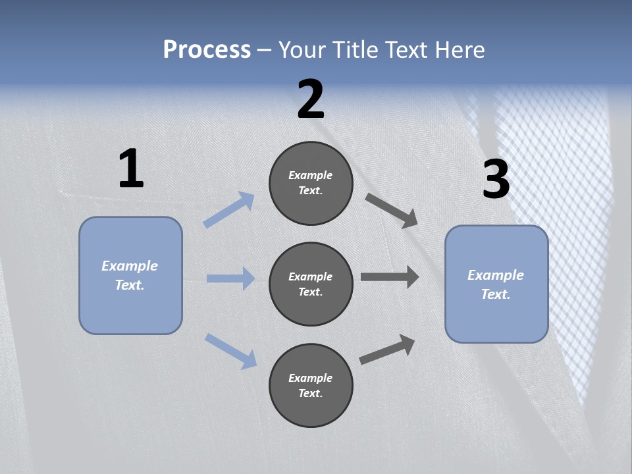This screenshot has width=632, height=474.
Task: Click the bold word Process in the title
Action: (x=207, y=50)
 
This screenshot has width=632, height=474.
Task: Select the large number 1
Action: (x=131, y=169)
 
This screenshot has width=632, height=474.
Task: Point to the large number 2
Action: (x=311, y=99)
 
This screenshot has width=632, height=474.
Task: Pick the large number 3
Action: (x=496, y=179)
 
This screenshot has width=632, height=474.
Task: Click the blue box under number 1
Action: (x=130, y=275)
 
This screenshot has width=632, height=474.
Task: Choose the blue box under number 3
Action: (x=496, y=284)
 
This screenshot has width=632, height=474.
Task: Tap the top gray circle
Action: (x=311, y=183)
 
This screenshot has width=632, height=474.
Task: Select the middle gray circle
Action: (x=311, y=284)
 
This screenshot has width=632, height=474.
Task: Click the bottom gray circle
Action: (x=311, y=386)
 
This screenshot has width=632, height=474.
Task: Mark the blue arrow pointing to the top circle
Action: (x=229, y=210)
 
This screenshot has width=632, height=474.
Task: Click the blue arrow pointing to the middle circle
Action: (x=230, y=278)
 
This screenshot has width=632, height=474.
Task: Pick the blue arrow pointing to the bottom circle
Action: (x=230, y=351)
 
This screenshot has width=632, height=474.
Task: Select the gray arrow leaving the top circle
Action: (x=392, y=211)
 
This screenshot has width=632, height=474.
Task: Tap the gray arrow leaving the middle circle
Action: (x=390, y=277)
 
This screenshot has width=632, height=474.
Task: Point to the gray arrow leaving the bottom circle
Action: (x=387, y=350)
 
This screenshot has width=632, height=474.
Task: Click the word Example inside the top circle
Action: (x=310, y=175)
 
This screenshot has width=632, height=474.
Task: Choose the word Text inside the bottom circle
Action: (x=309, y=393)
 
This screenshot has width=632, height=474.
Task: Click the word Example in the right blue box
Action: (x=496, y=275)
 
